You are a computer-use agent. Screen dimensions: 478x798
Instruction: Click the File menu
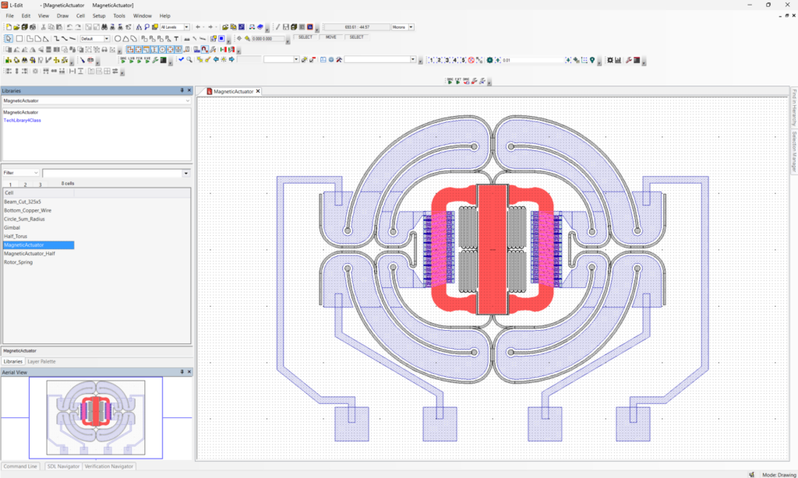click(x=10, y=16)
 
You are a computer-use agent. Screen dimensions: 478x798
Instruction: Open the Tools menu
click(x=118, y=16)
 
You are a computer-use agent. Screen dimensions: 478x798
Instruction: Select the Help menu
click(x=164, y=16)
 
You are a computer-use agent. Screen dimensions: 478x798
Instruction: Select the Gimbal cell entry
click(x=12, y=228)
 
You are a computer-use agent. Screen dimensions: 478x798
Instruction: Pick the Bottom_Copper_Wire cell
click(x=28, y=210)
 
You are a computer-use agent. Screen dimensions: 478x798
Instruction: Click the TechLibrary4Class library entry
click(x=23, y=121)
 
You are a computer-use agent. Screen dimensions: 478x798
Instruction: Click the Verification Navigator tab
click(x=109, y=466)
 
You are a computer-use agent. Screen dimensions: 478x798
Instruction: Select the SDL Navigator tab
click(x=62, y=466)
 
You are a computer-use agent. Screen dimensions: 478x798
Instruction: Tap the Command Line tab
click(x=21, y=466)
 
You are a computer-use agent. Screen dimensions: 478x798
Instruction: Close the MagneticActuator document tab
click(x=258, y=91)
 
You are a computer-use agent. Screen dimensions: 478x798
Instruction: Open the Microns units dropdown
click(x=403, y=27)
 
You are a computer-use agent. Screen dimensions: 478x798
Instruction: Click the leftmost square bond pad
click(x=350, y=424)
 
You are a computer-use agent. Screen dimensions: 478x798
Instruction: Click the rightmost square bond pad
click(x=634, y=424)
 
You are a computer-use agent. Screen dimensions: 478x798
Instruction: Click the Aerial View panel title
click(x=16, y=371)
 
